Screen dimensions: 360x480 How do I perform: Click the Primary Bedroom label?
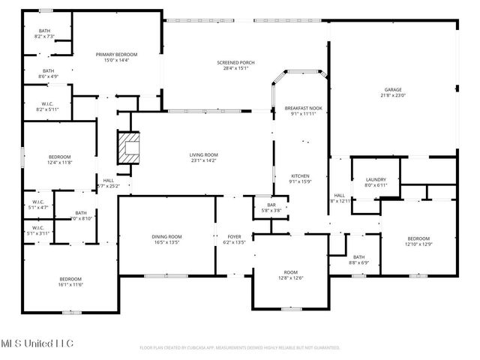click(x=115, y=55)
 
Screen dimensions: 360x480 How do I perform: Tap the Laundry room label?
click(x=376, y=179)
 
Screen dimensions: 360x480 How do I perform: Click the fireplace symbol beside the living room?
click(x=128, y=147)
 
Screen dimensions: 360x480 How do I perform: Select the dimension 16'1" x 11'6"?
click(x=70, y=284)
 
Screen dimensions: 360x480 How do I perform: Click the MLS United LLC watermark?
click(x=37, y=343)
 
